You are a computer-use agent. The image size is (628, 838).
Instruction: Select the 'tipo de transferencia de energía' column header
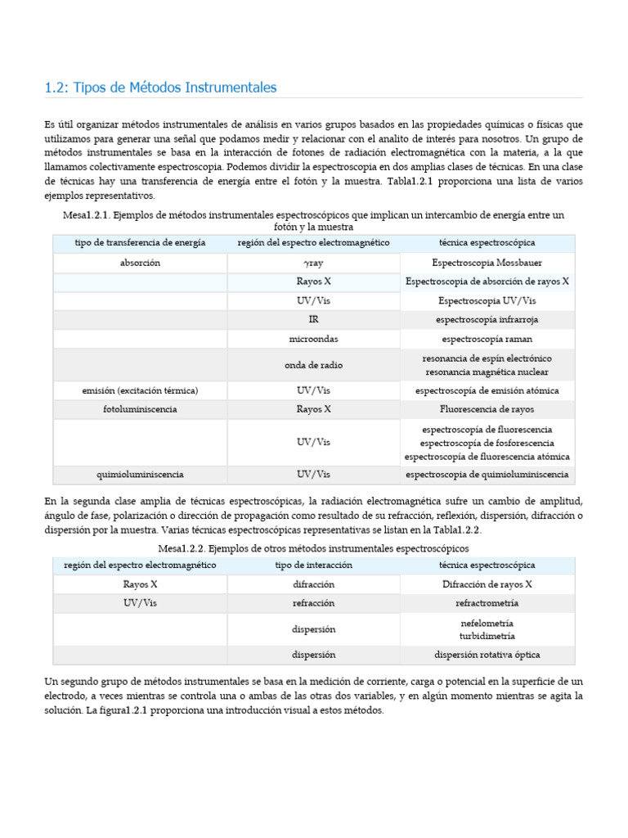140,243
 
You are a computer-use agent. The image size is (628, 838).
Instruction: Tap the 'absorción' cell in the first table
140,263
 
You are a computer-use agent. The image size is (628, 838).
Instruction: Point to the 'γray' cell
313,264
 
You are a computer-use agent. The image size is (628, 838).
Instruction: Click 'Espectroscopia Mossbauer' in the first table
487,263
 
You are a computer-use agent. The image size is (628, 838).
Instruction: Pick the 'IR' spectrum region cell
313,319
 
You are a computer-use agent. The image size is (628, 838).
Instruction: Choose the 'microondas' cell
313,338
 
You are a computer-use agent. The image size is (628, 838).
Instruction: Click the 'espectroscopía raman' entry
487,338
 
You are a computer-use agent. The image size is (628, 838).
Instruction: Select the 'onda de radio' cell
313,365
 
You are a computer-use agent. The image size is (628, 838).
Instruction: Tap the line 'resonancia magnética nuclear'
487,372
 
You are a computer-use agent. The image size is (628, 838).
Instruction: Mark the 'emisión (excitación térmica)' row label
140,390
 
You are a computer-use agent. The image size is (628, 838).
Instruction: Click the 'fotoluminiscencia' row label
140,408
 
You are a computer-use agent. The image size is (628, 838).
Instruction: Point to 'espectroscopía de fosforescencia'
487,443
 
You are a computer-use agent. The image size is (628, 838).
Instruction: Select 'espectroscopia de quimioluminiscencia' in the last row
487,474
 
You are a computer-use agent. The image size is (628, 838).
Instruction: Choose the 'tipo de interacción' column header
313,565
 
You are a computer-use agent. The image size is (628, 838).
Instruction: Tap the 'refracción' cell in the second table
313,603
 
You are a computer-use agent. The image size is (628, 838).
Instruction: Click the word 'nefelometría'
487,623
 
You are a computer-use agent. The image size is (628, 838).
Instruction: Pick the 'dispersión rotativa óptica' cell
487,655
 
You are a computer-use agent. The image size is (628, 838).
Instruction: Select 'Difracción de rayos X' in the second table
487,584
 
